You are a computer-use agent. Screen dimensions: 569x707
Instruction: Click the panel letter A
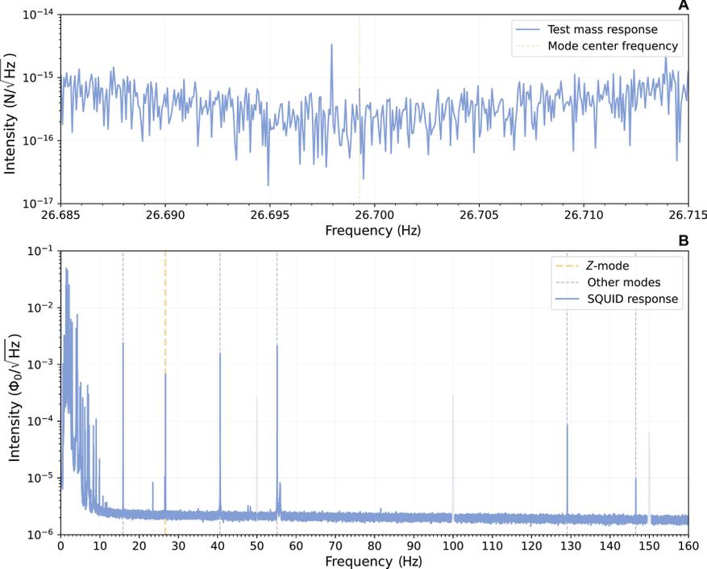684,6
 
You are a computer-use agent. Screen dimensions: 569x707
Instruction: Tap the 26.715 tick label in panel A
688,215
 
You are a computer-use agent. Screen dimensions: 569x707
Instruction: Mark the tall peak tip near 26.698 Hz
331,45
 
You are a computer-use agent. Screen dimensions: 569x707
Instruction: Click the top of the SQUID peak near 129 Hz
567,425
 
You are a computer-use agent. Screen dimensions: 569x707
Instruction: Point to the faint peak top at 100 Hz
453,395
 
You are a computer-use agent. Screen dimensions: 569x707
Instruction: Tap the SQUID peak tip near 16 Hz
123,343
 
